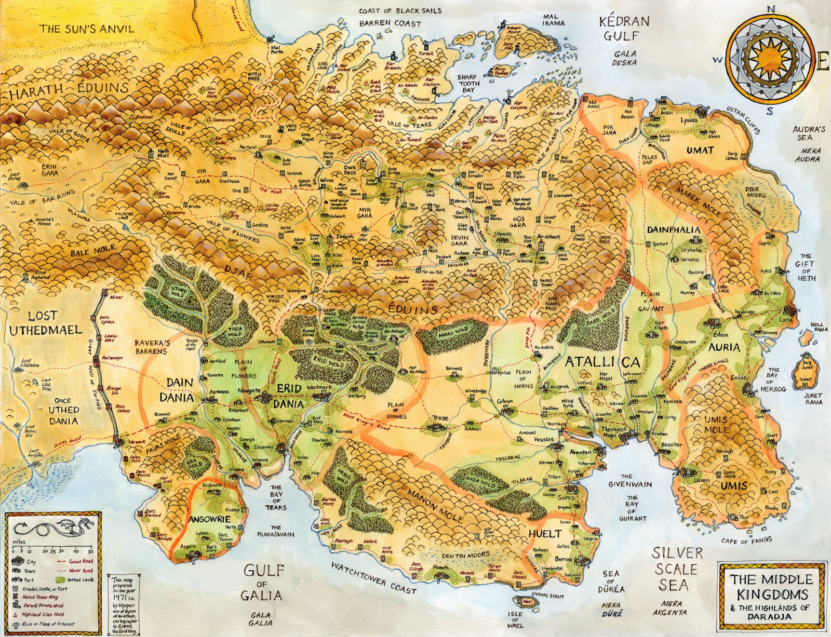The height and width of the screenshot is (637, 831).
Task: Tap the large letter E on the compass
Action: (x=822, y=61)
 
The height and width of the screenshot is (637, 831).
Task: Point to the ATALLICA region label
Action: (x=602, y=362)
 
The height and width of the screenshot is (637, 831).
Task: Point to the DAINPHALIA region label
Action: (x=674, y=229)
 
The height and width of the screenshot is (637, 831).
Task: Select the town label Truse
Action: (x=440, y=418)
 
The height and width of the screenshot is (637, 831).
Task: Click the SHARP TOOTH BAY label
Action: (x=468, y=83)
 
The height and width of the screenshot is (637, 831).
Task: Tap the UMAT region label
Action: (x=700, y=150)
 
